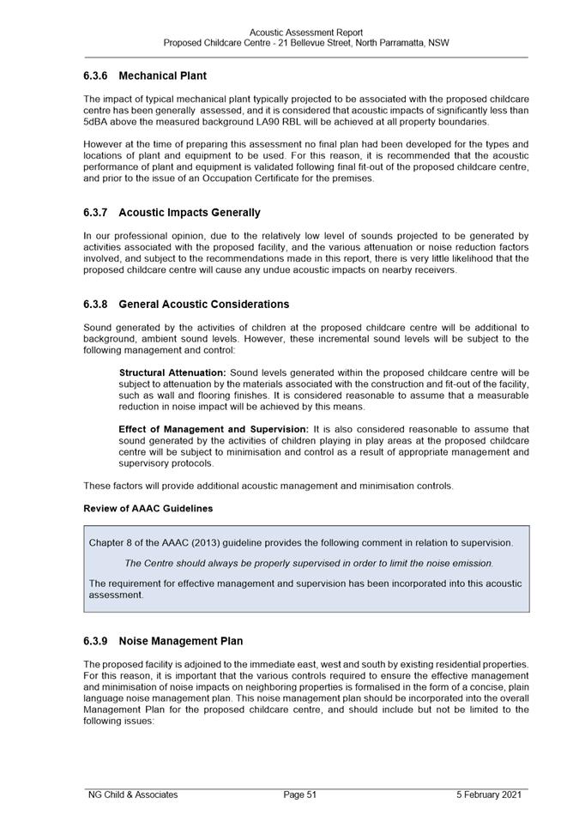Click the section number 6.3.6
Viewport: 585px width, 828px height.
(x=95, y=76)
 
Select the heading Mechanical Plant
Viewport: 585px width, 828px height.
(x=162, y=76)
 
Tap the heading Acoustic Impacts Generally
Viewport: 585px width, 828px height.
(x=190, y=212)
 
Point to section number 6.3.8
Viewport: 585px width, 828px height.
(x=95, y=305)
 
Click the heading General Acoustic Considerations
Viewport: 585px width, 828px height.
(x=203, y=305)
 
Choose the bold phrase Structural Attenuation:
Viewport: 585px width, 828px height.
(x=172, y=373)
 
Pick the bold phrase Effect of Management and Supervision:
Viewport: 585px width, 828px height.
(x=214, y=429)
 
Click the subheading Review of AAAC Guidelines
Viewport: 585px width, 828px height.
(x=148, y=509)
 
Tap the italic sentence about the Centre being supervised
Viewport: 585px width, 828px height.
(x=309, y=564)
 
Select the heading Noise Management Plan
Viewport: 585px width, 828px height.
(x=180, y=641)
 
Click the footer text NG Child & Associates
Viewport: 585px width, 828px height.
(x=133, y=795)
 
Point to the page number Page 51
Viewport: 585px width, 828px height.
(x=300, y=795)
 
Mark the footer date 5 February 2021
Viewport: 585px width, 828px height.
(x=488, y=795)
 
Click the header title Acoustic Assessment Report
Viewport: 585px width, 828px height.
(x=306, y=33)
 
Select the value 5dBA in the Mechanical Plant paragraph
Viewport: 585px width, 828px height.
(x=97, y=122)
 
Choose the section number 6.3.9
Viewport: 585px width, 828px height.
(x=95, y=641)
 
